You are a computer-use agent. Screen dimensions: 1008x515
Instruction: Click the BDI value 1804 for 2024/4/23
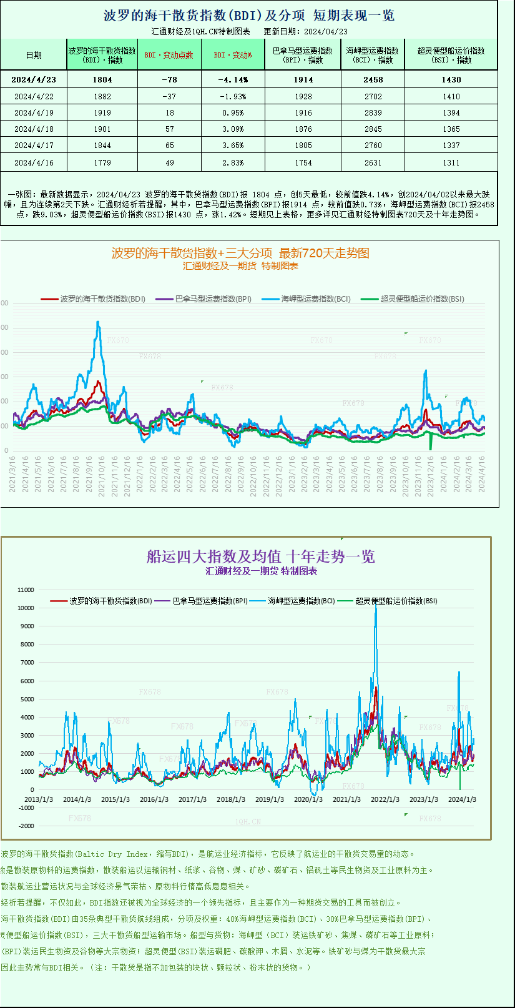click(x=102, y=79)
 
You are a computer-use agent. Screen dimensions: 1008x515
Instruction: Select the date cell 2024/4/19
click(x=34, y=113)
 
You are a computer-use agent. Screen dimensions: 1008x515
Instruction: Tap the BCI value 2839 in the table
click(x=373, y=113)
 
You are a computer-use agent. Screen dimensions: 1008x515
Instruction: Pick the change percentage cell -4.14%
click(x=233, y=79)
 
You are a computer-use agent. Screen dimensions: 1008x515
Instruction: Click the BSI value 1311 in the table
click(x=451, y=162)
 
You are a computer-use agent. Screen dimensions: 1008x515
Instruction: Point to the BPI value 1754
click(x=303, y=162)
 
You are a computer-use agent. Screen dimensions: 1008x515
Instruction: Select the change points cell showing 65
click(x=169, y=146)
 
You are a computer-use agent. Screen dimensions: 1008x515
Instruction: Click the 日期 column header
click(x=34, y=55)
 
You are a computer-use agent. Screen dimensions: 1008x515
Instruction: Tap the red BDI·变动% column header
click(x=233, y=55)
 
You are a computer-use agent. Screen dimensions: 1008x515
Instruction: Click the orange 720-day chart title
click(x=240, y=253)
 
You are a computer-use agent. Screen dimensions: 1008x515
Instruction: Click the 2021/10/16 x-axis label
click(x=102, y=476)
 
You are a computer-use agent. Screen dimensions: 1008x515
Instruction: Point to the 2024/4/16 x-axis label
click(x=481, y=476)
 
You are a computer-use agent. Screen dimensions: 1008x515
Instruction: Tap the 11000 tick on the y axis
click(x=26, y=590)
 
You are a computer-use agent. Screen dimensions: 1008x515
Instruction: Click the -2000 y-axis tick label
click(x=26, y=826)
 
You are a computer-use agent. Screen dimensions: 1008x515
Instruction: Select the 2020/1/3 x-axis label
click(x=308, y=799)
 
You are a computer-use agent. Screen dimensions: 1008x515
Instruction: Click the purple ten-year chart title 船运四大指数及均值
click(x=260, y=556)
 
